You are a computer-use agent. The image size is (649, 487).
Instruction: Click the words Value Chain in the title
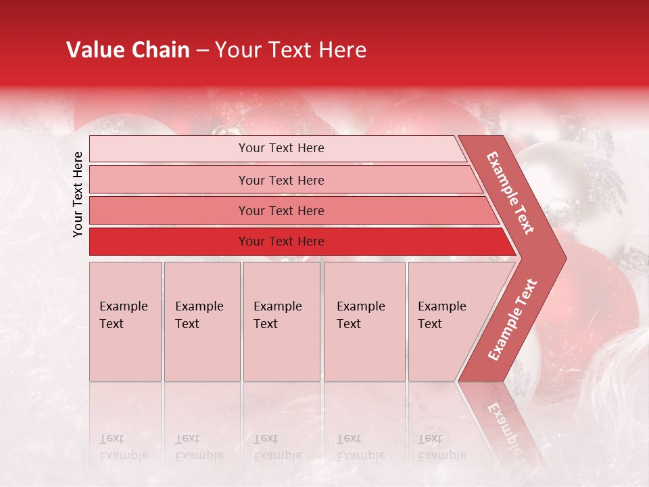(x=128, y=50)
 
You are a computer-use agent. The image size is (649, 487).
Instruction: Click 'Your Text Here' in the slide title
(x=290, y=50)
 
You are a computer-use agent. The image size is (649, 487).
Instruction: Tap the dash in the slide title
(x=202, y=51)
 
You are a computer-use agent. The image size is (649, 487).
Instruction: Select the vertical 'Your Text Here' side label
(x=78, y=194)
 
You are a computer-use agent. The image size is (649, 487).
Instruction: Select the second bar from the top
(x=281, y=180)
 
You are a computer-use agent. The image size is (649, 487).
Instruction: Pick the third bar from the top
(x=281, y=210)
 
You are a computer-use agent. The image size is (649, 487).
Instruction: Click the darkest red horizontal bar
(x=281, y=241)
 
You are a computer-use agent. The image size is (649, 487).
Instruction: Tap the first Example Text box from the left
(x=125, y=321)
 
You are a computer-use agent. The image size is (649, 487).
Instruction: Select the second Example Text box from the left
(x=202, y=321)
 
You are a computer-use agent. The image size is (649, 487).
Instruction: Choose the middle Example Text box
(x=281, y=321)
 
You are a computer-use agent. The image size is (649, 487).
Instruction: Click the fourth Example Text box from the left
(x=364, y=321)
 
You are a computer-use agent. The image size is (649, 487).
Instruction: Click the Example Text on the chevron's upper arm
(x=510, y=193)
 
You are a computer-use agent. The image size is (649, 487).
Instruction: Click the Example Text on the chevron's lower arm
(x=512, y=320)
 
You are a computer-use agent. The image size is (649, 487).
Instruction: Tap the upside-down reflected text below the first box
(x=124, y=447)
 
